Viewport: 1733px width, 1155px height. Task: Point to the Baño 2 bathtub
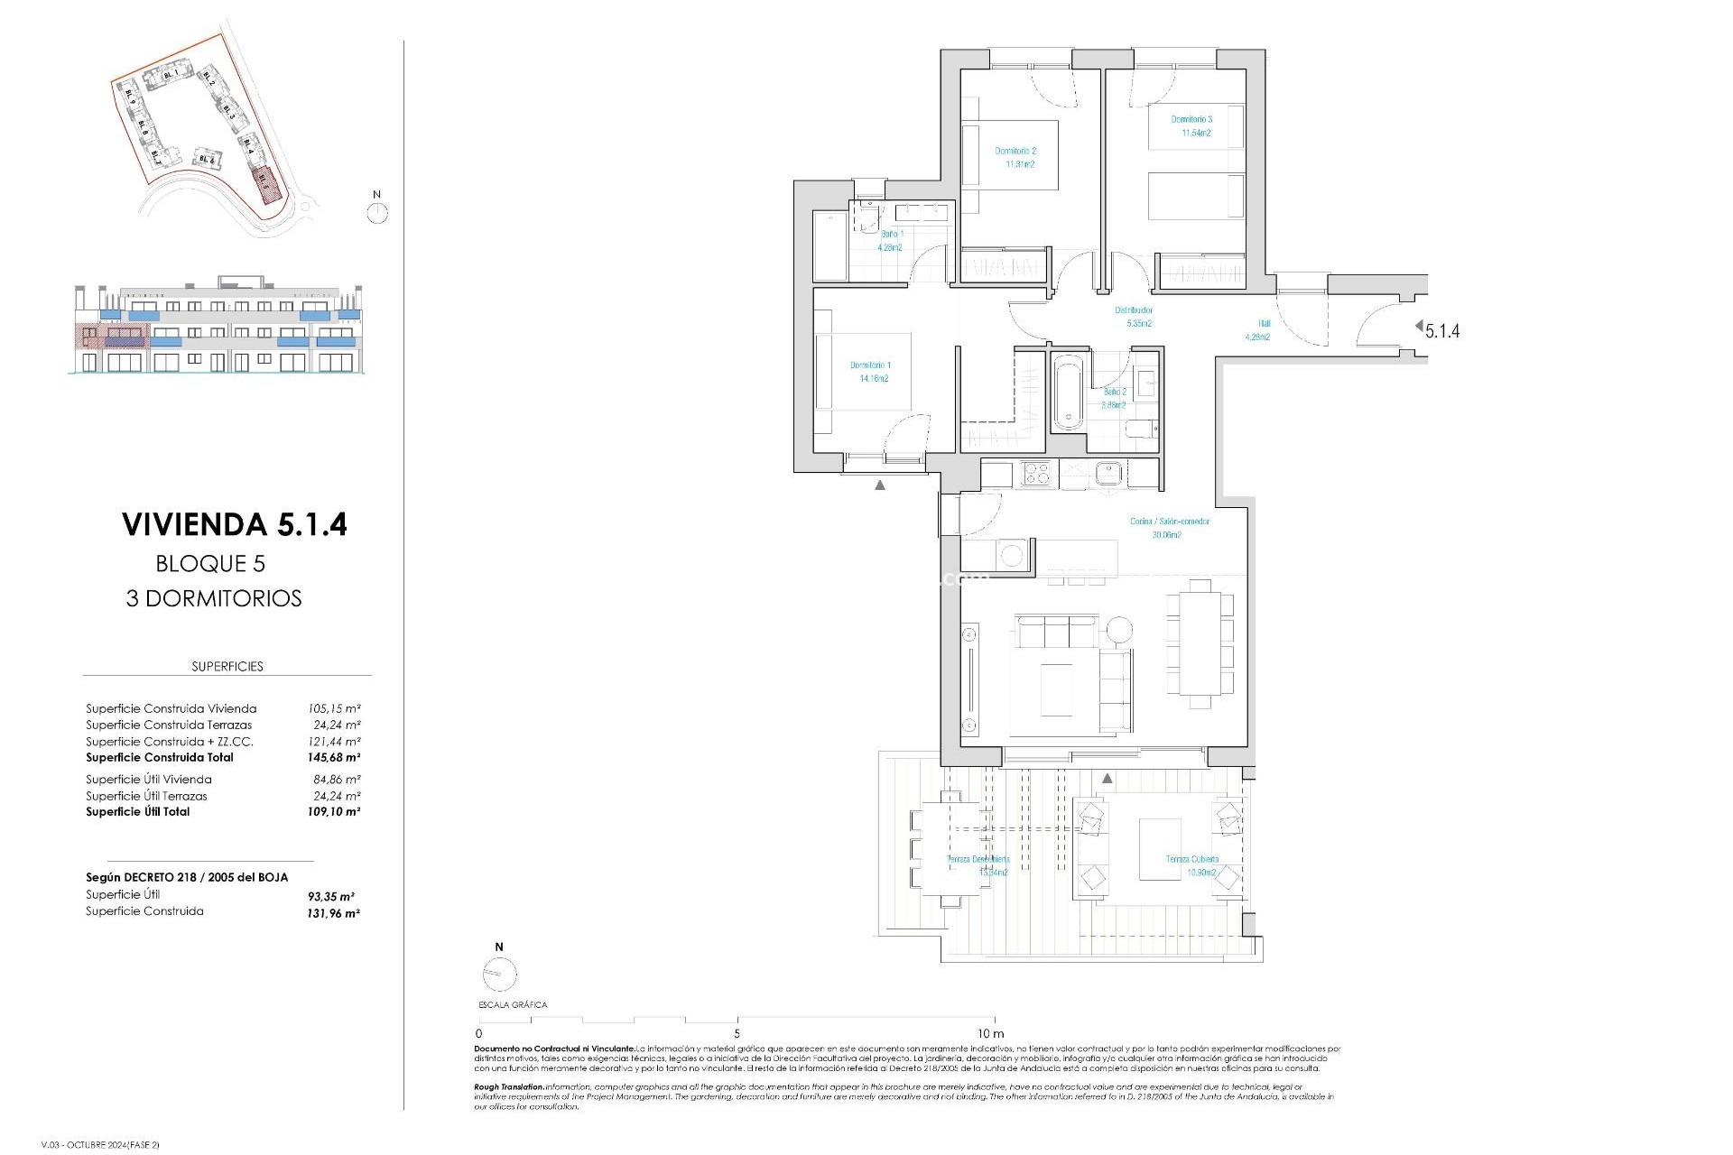point(1068,392)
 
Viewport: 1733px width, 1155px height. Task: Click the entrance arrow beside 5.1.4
point(1419,326)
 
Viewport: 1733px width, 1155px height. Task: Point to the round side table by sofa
point(1120,630)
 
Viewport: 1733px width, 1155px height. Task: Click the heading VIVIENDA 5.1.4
point(234,524)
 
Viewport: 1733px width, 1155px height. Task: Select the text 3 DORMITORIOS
point(214,598)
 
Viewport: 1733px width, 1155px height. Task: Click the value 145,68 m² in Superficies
point(334,758)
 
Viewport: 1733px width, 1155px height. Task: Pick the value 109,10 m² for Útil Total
point(334,812)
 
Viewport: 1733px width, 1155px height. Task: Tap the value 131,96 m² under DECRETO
point(333,913)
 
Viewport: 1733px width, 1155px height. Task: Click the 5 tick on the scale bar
point(737,1034)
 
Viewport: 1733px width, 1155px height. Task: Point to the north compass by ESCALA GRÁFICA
point(500,975)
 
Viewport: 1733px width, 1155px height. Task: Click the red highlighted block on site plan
point(265,181)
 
